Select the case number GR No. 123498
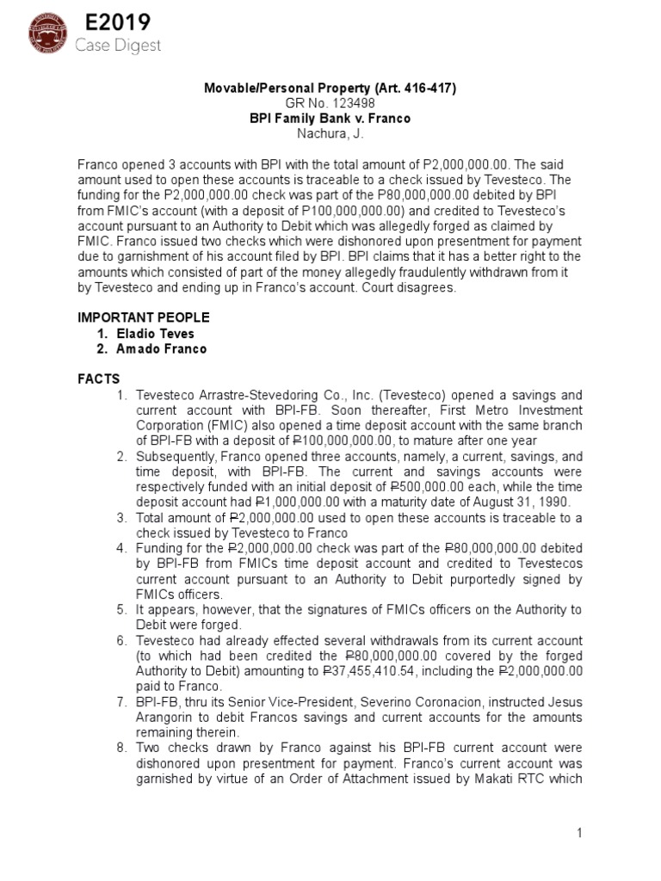pyautogui.click(x=331, y=103)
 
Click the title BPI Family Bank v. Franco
pyautogui.click(x=330, y=118)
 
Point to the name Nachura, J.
pyautogui.click(x=330, y=132)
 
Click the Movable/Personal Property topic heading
pyautogui.click(x=330, y=89)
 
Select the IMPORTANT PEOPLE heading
pyautogui.click(x=144, y=317)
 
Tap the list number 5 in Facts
pyautogui.click(x=121, y=609)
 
